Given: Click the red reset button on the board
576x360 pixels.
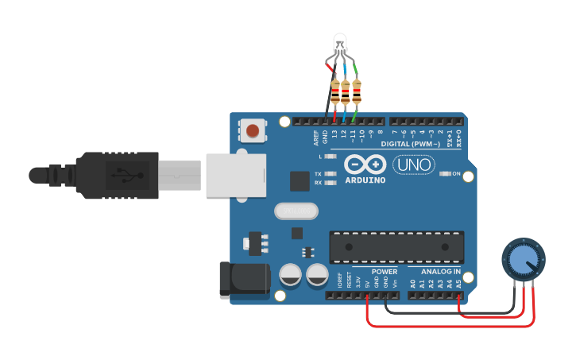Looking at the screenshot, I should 253,130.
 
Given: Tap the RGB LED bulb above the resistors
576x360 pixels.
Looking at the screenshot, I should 341,45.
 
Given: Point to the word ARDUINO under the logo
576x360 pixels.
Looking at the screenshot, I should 365,180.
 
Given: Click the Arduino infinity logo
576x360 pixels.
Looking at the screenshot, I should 365,165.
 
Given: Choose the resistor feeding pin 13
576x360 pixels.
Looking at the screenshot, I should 334,94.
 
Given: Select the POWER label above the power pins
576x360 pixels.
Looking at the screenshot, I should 385,272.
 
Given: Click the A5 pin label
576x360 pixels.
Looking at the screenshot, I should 458,282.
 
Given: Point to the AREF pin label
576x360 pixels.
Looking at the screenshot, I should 315,137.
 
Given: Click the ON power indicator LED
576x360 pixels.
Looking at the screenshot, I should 446,172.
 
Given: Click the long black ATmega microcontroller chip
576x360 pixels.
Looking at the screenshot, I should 396,246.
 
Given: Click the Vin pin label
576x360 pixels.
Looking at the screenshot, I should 395,283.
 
